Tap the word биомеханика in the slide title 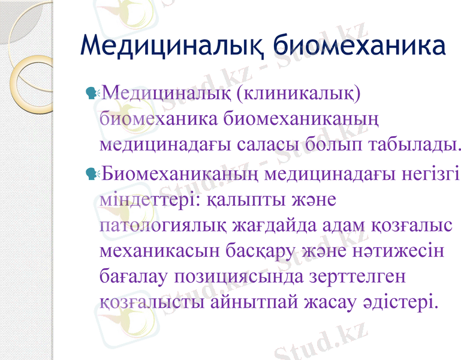click(359, 46)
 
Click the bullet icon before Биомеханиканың click(93, 174)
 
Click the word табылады click(408, 144)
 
